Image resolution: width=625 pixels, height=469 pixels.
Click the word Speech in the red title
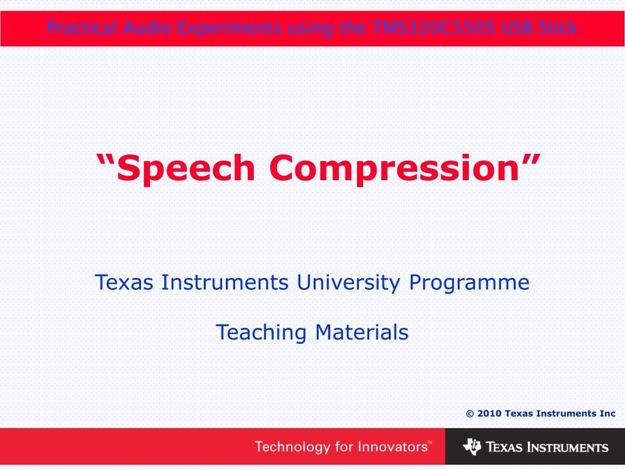click(x=187, y=168)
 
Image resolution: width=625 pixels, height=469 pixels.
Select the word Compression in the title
click(x=394, y=168)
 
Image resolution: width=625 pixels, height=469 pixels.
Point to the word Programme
click(x=469, y=283)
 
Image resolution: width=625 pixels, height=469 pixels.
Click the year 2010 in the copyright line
click(x=490, y=413)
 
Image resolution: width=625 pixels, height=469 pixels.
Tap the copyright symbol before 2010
click(x=470, y=413)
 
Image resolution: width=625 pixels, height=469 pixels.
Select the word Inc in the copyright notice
click(x=607, y=413)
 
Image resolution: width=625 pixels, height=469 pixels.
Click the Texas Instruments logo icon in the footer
click(x=472, y=447)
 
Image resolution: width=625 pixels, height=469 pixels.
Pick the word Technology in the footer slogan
click(x=292, y=447)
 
